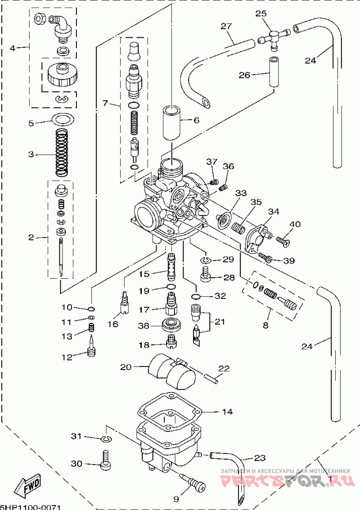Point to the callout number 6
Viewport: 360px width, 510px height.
click(196, 120)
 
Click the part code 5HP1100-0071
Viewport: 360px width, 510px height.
click(30, 507)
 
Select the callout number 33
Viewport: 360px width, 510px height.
click(241, 193)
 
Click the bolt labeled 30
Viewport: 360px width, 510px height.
click(106, 462)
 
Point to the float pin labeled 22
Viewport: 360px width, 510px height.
click(211, 377)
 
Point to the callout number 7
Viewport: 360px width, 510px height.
click(105, 104)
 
